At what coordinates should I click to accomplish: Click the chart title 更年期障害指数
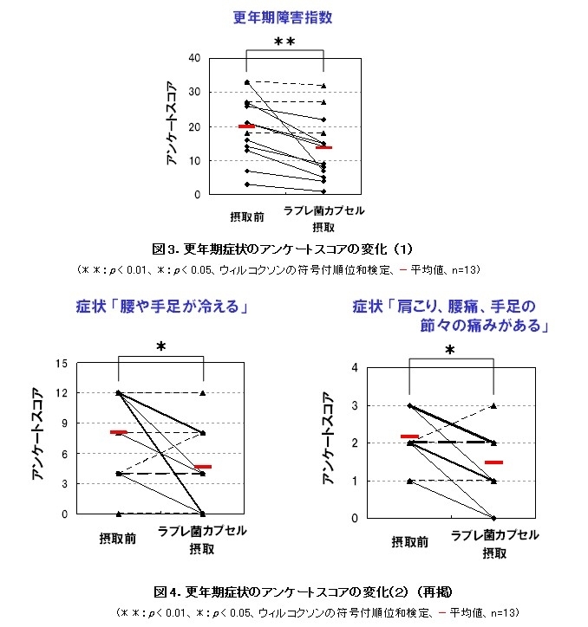pos(284,17)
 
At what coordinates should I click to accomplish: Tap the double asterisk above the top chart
pos(284,43)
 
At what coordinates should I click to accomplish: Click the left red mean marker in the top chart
pos(246,126)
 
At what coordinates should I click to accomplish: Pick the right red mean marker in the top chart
pos(324,147)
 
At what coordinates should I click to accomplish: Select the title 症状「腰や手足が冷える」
pos(160,307)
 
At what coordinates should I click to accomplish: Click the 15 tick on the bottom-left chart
pos(62,363)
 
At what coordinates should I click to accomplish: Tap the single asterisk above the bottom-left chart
pos(160,348)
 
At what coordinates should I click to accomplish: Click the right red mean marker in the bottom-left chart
pos(202,467)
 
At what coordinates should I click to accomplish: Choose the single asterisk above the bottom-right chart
pos(449,352)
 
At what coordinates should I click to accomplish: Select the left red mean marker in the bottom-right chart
pos(409,436)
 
